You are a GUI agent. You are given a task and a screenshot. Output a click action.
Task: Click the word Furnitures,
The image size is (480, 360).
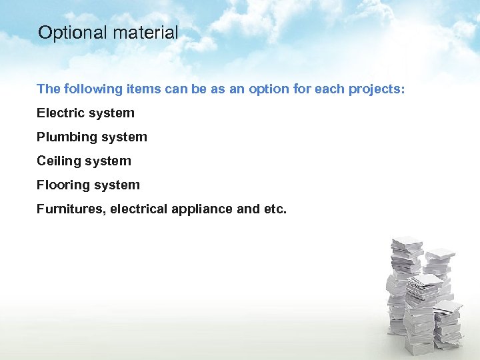pos(71,209)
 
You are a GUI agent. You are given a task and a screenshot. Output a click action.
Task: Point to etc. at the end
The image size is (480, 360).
pos(275,209)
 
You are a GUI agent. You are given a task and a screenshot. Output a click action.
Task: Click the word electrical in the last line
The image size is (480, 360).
pos(139,209)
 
